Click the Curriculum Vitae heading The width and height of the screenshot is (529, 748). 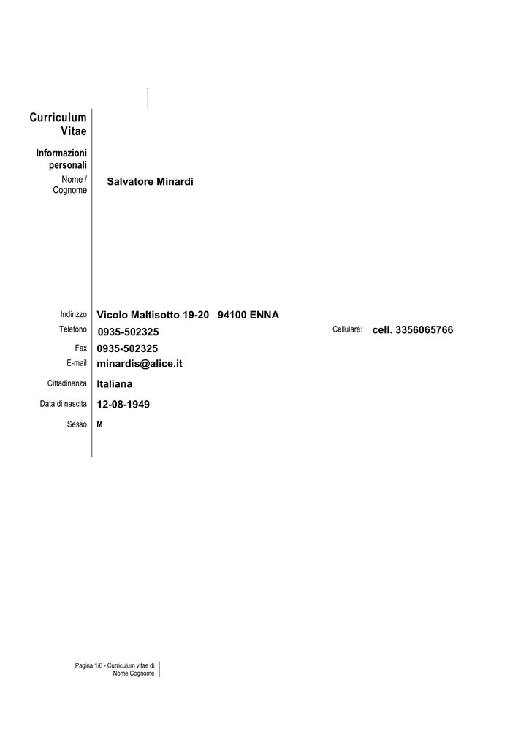pos(58,124)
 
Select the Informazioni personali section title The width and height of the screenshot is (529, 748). pos(61,159)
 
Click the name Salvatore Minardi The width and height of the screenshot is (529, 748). pos(150,181)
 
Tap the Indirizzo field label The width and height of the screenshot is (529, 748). pos(74,314)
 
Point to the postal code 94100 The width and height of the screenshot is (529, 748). pos(232,315)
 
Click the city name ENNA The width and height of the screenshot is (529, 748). pos(264,315)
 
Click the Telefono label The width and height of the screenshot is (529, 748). pos(73,329)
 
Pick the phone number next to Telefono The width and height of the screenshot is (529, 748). pos(129,332)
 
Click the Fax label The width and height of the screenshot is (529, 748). pos(80,348)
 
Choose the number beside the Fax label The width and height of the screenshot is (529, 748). pos(127,348)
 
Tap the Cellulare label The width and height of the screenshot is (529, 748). pos(347,329)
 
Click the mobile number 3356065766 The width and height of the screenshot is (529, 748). pos(424,330)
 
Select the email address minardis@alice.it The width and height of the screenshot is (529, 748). pos(140,364)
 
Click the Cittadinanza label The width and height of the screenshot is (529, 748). pos(66,383)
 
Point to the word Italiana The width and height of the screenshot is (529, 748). pos(115,384)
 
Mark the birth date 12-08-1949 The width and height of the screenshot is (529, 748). pos(123,405)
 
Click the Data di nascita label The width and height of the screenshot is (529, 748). pos(64,403)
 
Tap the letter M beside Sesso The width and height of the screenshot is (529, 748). pos(99,424)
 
